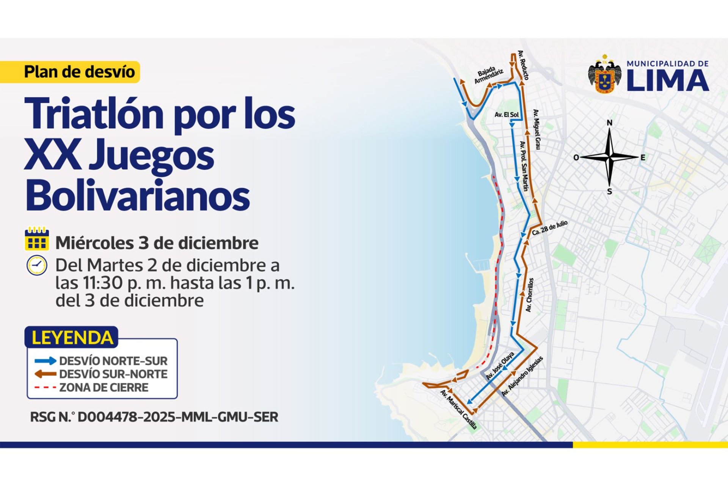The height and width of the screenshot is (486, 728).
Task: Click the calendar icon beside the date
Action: pyautogui.click(x=37, y=239)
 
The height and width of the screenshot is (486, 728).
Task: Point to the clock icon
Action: pyautogui.click(x=37, y=265)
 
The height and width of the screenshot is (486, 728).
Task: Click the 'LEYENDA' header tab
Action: pyautogui.click(x=72, y=338)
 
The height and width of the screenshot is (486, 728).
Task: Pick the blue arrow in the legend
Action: pyautogui.click(x=45, y=361)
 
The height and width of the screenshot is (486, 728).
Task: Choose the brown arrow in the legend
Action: pyautogui.click(x=45, y=374)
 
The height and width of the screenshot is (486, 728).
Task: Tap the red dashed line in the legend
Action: pyautogui.click(x=45, y=388)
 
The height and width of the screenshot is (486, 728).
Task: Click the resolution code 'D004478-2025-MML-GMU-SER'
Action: pyautogui.click(x=178, y=417)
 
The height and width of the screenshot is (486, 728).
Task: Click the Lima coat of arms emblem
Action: pyautogui.click(x=605, y=75)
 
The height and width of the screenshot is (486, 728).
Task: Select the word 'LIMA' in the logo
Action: pyautogui.click(x=667, y=80)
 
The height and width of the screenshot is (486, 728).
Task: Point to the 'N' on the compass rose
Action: pyautogui.click(x=609, y=123)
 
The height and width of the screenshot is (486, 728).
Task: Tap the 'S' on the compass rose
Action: pyautogui.click(x=609, y=192)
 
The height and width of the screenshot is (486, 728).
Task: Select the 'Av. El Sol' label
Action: pyautogui.click(x=507, y=115)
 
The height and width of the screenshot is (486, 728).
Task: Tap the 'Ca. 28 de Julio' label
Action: pyautogui.click(x=549, y=227)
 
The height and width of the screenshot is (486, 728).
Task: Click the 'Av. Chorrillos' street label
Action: pyautogui.click(x=530, y=295)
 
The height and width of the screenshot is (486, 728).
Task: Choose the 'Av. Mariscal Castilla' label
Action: pyautogui.click(x=458, y=410)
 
